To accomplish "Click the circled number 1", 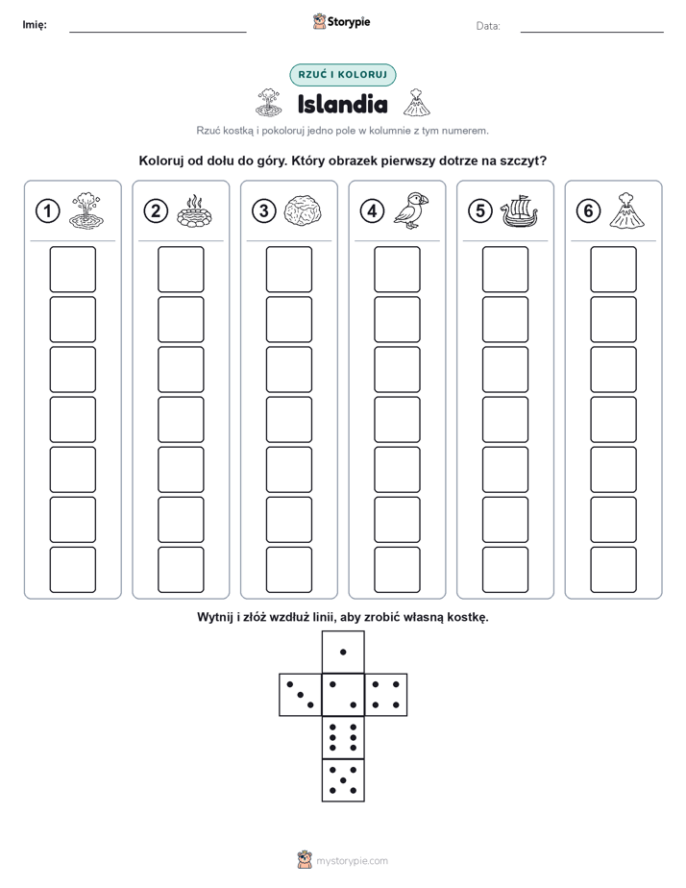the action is (x=47, y=211).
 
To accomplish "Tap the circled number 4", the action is (x=372, y=211).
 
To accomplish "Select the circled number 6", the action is (x=588, y=211).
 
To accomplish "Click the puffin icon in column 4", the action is (x=411, y=210).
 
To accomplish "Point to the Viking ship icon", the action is (x=519, y=211).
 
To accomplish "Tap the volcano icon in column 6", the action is (x=626, y=210).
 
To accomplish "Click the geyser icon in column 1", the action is (x=86, y=210).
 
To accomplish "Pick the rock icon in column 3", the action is (x=303, y=211).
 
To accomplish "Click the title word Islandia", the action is (x=342, y=104).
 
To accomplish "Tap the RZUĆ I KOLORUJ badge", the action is (x=342, y=75).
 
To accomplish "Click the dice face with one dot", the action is (x=343, y=653).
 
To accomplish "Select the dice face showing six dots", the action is (x=343, y=737).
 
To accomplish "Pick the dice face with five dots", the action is (x=343, y=779).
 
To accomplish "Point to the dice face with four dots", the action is (x=385, y=695).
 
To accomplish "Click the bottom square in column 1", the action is (x=72, y=570).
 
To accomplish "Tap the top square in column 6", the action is (x=613, y=269).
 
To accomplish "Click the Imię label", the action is (x=35, y=25).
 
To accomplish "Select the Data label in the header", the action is (x=488, y=26).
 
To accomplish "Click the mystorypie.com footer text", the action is (x=352, y=861).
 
